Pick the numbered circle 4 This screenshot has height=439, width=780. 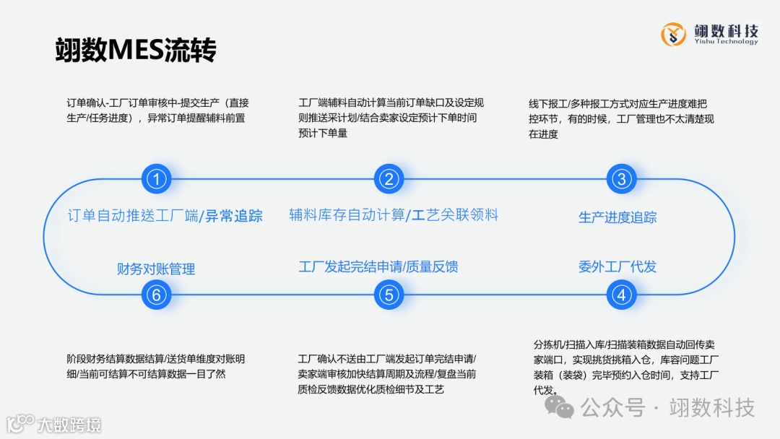(x=621, y=295)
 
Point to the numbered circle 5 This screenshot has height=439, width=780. (x=389, y=295)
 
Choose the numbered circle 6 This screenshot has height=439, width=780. (x=156, y=295)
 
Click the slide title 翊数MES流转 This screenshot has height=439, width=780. (x=136, y=51)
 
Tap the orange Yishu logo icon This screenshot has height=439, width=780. (x=674, y=33)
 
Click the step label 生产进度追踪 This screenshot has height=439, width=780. (x=617, y=217)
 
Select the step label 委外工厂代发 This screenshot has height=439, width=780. (x=617, y=266)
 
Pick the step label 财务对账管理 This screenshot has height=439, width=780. (x=156, y=269)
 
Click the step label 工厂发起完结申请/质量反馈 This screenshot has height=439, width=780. (x=378, y=266)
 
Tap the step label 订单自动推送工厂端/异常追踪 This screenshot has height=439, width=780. (x=165, y=215)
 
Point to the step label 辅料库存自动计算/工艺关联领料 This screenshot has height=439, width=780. (x=394, y=214)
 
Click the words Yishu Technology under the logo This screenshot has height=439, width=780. (x=726, y=42)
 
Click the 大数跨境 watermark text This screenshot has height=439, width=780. (x=69, y=424)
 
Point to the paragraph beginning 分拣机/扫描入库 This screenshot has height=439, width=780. (x=625, y=367)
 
